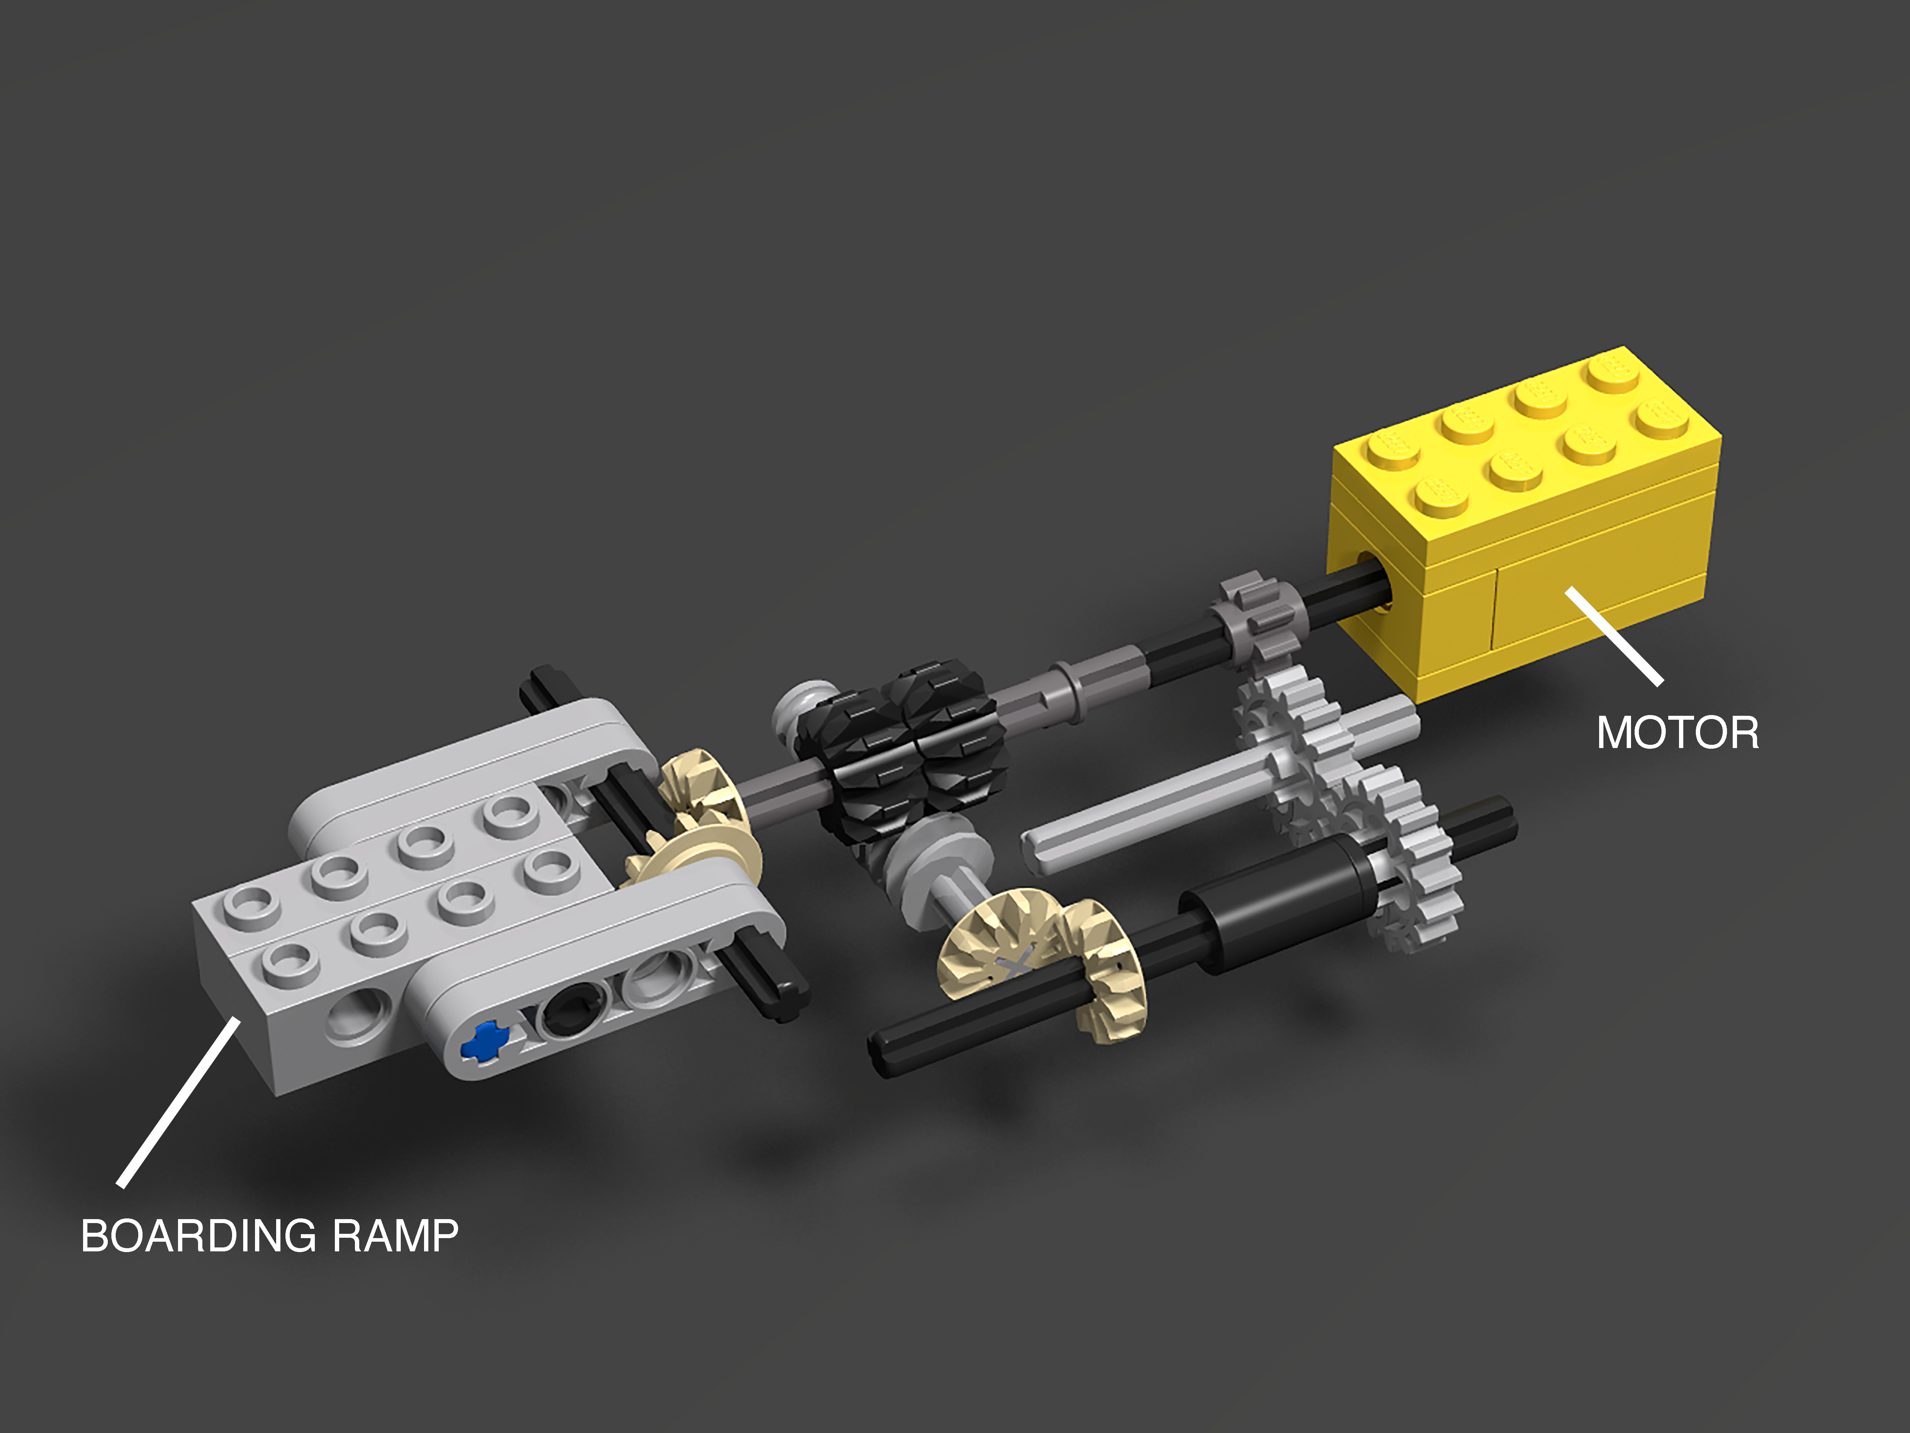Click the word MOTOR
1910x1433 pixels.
tap(1677, 733)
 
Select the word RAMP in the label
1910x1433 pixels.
tap(395, 1236)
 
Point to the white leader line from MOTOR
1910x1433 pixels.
tap(1613, 635)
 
